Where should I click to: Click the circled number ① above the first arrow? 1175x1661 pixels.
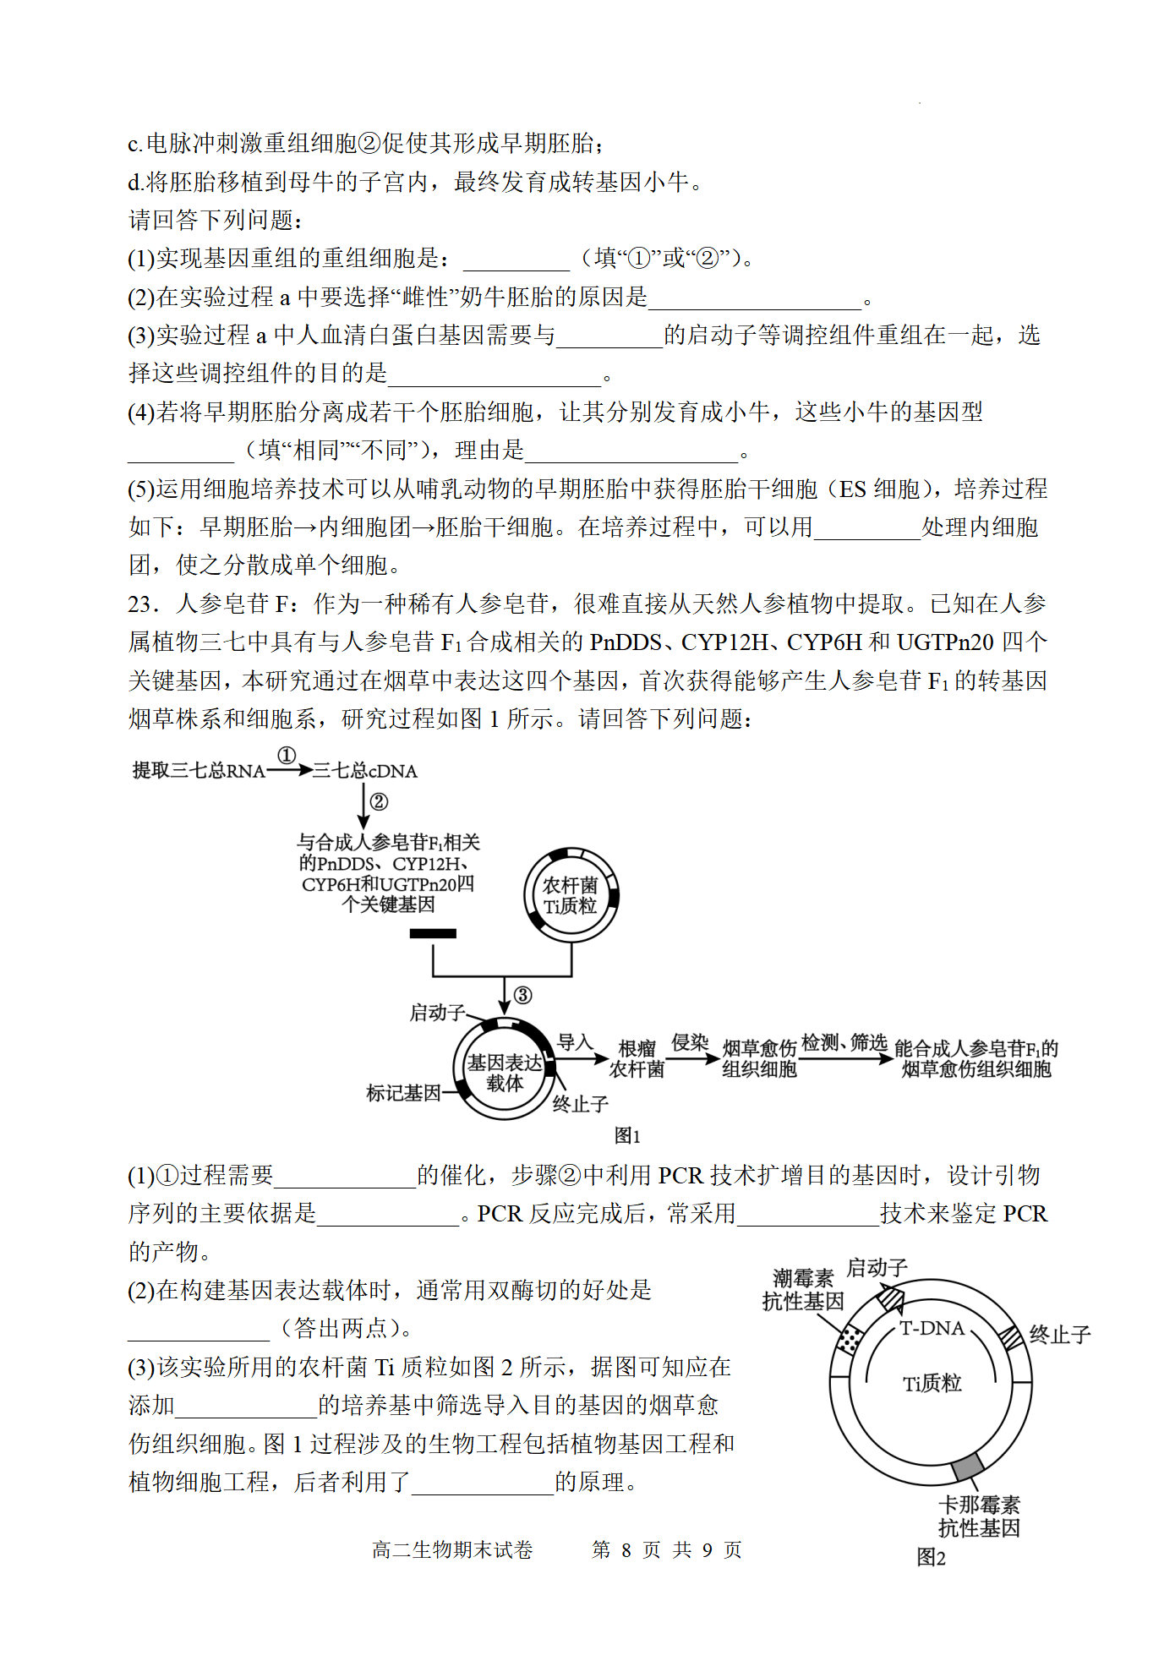[x=287, y=756]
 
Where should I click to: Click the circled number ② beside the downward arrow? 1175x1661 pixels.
[x=379, y=802]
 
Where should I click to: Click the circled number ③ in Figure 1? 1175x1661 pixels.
[x=523, y=996]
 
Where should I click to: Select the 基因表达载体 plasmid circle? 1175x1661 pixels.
[x=505, y=1072]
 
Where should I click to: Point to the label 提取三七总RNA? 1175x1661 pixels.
[x=199, y=771]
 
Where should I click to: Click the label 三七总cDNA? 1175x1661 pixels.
[x=365, y=771]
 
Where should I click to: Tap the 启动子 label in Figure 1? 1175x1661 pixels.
[x=437, y=1013]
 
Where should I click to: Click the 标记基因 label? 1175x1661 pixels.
[x=403, y=1093]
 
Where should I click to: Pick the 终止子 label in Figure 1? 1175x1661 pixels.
[x=580, y=1104]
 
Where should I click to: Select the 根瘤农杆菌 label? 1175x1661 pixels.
[x=637, y=1059]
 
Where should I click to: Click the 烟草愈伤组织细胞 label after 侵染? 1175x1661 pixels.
[x=759, y=1059]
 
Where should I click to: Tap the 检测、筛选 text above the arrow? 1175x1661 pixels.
[x=844, y=1043]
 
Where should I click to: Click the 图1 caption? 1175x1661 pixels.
[x=627, y=1135]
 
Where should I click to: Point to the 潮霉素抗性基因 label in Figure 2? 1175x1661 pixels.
[x=803, y=1290]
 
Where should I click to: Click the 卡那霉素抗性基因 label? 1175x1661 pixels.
[x=979, y=1516]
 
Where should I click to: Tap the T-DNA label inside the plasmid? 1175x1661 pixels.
[x=932, y=1329]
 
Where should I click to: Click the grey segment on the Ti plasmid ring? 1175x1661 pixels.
[x=968, y=1467]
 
